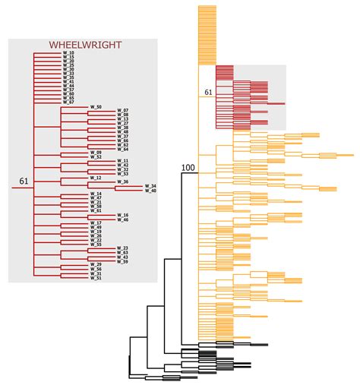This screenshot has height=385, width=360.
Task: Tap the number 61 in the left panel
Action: (24, 181)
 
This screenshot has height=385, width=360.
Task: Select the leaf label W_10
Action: (68, 52)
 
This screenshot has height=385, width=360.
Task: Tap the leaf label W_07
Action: (123, 112)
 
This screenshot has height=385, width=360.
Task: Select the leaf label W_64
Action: (123, 150)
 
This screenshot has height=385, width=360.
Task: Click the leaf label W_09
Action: (96, 153)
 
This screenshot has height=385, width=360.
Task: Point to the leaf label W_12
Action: (96, 178)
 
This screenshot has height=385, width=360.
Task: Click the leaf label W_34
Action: (150, 186)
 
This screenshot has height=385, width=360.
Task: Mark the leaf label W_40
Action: (150, 191)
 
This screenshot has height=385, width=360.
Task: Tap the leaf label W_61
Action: (96, 210)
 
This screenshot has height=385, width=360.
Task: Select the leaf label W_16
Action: (123, 215)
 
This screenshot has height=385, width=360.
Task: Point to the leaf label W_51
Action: (96, 278)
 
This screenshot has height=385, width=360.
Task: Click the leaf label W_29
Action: (96, 264)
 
